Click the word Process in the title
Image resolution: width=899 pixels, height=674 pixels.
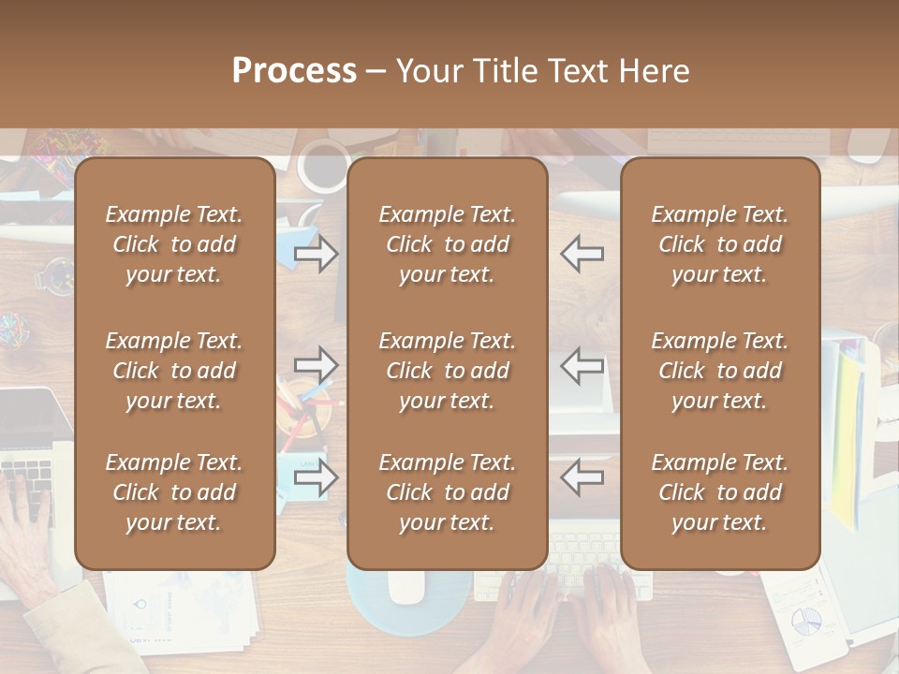[294, 71]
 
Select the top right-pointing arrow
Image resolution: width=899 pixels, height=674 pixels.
[316, 254]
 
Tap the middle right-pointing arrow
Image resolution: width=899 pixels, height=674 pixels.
[316, 364]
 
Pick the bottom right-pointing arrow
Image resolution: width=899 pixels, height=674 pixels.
[316, 477]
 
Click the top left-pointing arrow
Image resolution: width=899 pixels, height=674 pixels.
[582, 254]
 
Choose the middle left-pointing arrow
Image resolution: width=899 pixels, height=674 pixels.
[582, 364]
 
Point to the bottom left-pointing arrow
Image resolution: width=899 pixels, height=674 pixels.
[582, 477]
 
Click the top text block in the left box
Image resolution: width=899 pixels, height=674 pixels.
[174, 244]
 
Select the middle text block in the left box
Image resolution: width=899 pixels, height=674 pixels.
[174, 371]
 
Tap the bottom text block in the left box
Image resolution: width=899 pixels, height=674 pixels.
[174, 492]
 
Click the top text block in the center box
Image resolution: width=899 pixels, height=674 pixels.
[447, 244]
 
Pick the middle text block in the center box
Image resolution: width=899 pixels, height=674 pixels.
[447, 371]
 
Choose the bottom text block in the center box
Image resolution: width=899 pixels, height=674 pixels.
[447, 492]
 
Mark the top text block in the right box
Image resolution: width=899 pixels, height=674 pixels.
[719, 244]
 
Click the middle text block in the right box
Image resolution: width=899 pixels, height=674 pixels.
[719, 371]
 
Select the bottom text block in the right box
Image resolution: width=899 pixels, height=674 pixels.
[719, 492]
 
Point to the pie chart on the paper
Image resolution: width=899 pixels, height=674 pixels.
[805, 619]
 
